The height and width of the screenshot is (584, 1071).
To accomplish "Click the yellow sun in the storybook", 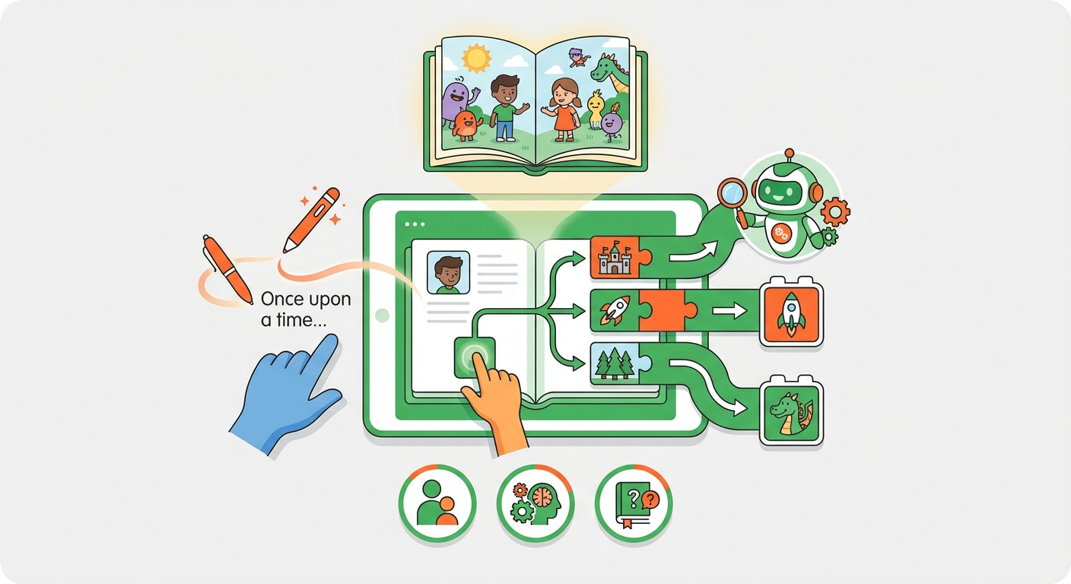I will click(477, 58).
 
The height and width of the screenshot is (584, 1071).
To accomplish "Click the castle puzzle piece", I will click(615, 256).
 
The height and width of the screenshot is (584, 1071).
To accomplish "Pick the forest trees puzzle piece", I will click(613, 363).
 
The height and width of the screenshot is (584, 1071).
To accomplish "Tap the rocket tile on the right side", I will click(791, 312).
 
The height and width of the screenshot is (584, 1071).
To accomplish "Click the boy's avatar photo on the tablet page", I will click(448, 272).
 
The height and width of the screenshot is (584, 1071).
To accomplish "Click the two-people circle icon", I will click(437, 503).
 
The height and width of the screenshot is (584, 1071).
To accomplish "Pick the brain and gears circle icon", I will click(535, 503).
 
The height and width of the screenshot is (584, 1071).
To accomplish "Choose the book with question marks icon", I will click(634, 503).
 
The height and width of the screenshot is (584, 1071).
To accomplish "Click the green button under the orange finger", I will click(474, 356).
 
